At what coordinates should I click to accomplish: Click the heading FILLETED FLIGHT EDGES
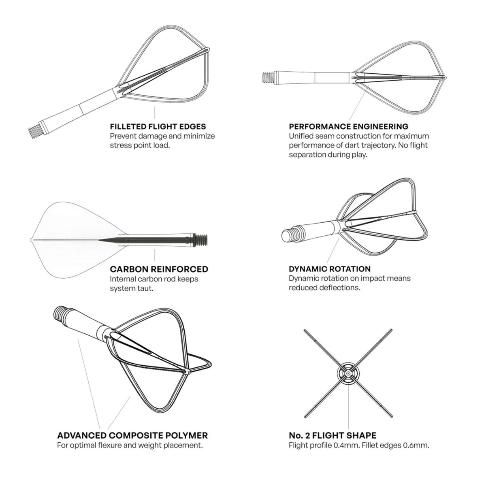158,126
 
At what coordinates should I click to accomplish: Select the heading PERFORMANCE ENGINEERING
348,126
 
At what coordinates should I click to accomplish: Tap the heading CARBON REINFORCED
159,269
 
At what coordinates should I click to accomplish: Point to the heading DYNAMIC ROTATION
330,269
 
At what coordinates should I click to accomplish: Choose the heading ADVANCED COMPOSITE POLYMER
132,435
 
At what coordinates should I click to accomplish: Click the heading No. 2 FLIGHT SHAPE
332,435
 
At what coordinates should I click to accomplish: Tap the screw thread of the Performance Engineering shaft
267,77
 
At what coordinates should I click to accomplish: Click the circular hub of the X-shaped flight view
348,373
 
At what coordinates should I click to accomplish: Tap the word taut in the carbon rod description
144,288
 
